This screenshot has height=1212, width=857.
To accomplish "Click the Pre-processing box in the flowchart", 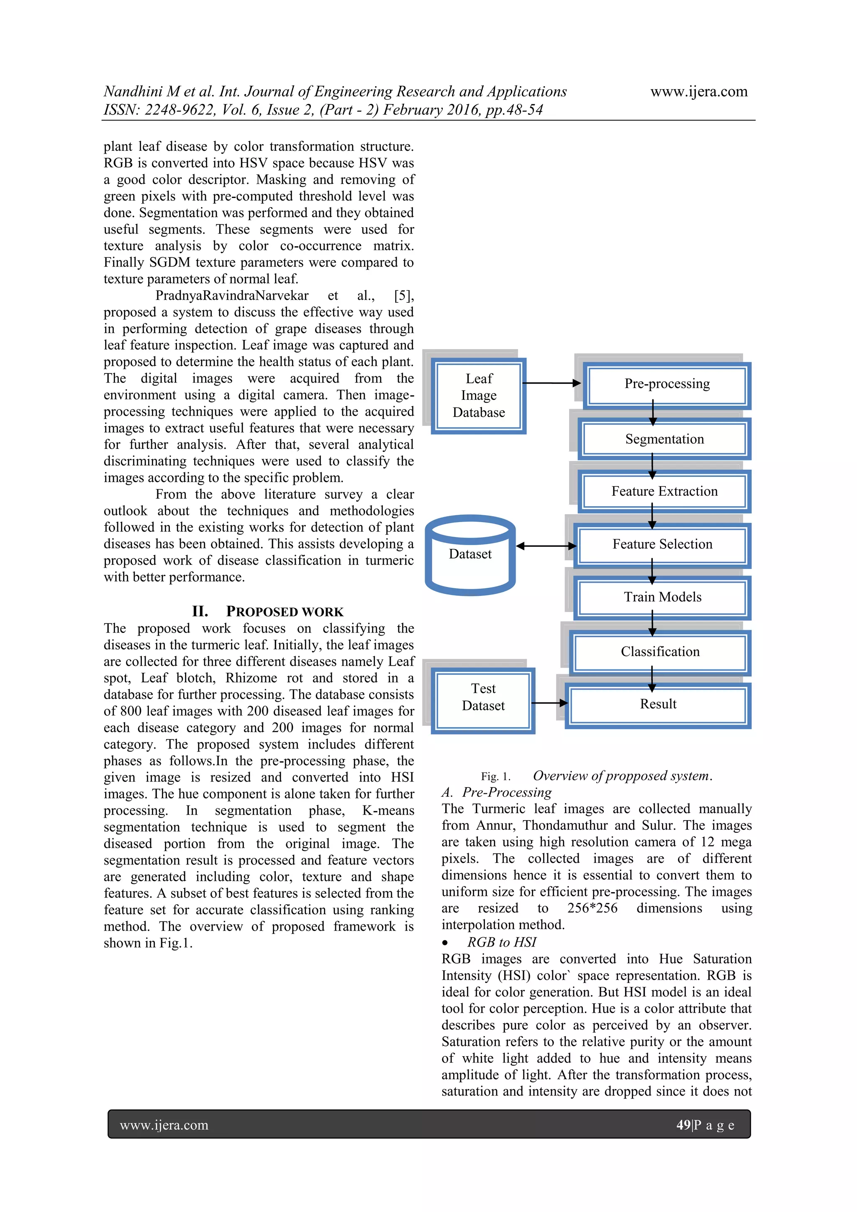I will pyautogui.click(x=667, y=384).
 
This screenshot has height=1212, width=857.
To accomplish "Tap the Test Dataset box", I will pyautogui.click(x=483, y=698).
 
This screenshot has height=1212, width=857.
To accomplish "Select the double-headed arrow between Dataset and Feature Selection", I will pyautogui.click(x=546, y=546).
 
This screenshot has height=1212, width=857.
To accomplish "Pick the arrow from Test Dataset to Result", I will pyautogui.click(x=549, y=703).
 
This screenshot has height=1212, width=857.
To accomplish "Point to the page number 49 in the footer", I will pyautogui.click(x=683, y=1125).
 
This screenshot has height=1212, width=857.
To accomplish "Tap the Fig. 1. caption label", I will pyautogui.click(x=495, y=777).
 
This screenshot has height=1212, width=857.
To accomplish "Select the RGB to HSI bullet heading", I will pyautogui.click(x=501, y=942).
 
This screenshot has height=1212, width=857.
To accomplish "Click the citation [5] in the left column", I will pyautogui.click(x=403, y=296).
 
